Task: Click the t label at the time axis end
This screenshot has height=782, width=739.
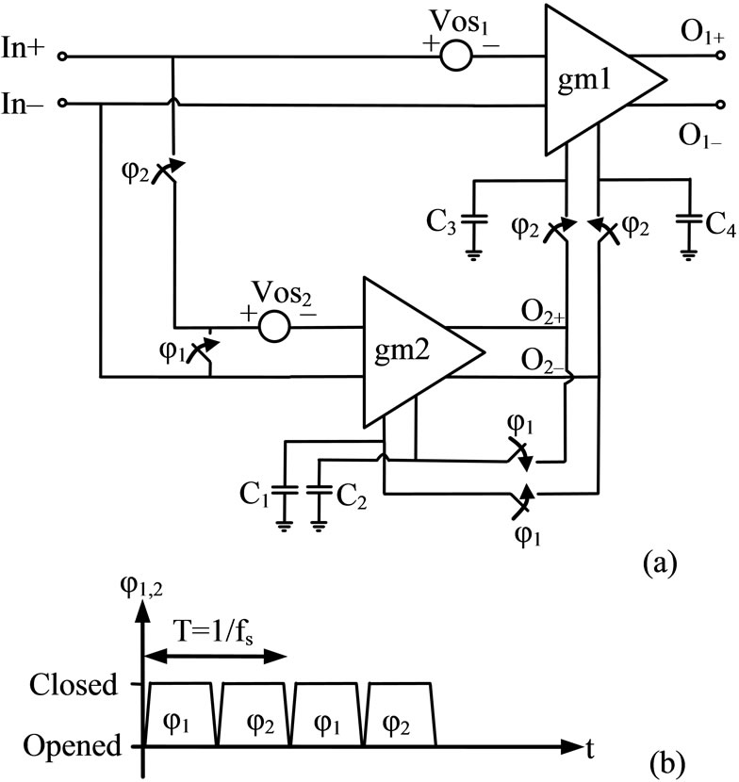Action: [588, 747]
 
